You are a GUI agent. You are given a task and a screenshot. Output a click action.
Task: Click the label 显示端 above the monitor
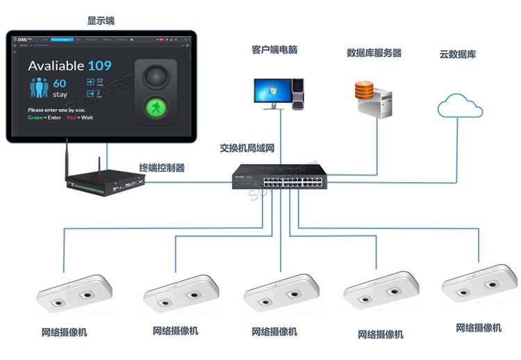coord(101,21)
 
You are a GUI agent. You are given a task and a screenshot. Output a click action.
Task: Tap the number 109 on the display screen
coord(99,66)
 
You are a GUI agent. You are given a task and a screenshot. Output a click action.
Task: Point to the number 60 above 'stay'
coord(60,84)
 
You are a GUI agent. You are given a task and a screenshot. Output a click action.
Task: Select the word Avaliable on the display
coord(56,67)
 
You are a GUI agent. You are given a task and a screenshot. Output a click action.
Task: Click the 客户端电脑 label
coord(274,50)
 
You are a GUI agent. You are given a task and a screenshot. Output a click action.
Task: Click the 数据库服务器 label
coord(374,53)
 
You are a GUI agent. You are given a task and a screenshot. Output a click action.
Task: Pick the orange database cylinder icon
coord(364,90)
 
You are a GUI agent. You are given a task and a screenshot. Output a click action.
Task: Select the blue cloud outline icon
coord(460,106)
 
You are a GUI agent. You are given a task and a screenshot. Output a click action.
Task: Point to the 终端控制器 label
coord(162,167)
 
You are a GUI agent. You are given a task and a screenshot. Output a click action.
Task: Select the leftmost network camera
coord(74,293)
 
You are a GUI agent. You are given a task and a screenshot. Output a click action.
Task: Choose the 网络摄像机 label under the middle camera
coord(274,332)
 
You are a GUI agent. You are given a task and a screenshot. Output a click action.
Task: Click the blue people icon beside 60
coord(38,88)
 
